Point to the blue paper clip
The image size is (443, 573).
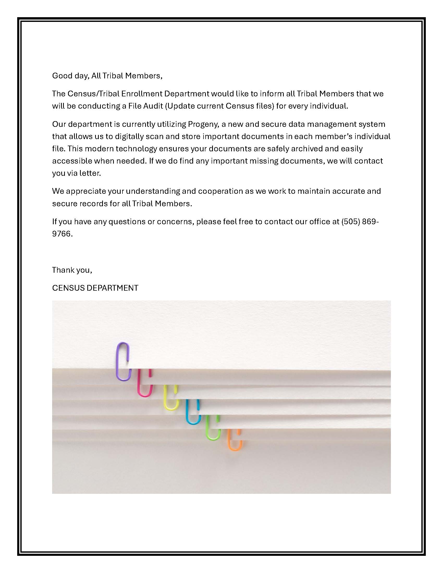[x=193, y=412]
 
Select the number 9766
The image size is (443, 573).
[x=62, y=234]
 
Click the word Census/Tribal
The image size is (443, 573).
[x=94, y=94]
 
